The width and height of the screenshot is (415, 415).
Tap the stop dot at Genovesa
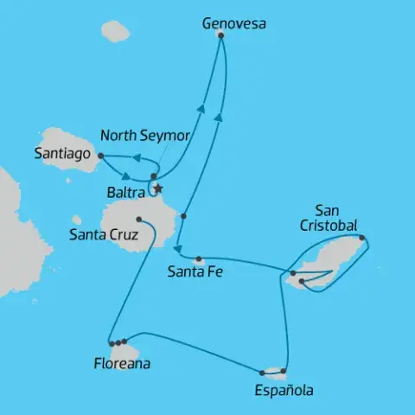tap(221, 35)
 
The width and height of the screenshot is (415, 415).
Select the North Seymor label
tap(144, 136)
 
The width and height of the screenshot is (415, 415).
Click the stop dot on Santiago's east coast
tap(101, 156)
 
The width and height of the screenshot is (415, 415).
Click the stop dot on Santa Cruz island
tap(139, 220)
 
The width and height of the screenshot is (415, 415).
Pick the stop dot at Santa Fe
tap(199, 259)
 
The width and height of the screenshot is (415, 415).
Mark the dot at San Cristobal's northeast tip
tap(361, 239)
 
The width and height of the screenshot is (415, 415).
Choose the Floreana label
tap(121, 364)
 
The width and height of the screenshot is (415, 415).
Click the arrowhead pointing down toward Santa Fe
tap(178, 247)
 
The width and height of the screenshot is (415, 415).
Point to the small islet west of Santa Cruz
tap(77, 220)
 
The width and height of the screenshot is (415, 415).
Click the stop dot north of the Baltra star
tap(153, 176)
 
